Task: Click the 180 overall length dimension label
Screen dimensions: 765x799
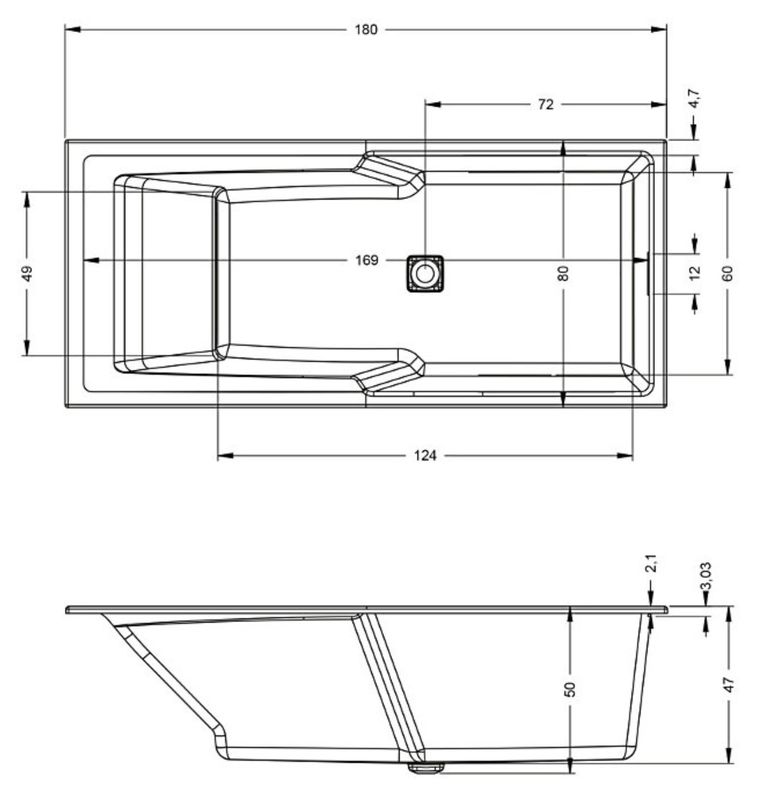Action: point(366,29)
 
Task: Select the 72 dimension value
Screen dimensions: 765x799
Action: point(545,104)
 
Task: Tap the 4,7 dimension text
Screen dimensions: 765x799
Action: point(694,99)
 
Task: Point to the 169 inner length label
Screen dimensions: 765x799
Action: point(367,260)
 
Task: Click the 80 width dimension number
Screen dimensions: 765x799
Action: point(563,274)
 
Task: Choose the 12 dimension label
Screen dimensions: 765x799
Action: point(695,272)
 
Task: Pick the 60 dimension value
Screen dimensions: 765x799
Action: point(727,274)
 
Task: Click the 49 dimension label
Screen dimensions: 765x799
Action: point(28,274)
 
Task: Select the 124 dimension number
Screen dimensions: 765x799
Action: point(425,456)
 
